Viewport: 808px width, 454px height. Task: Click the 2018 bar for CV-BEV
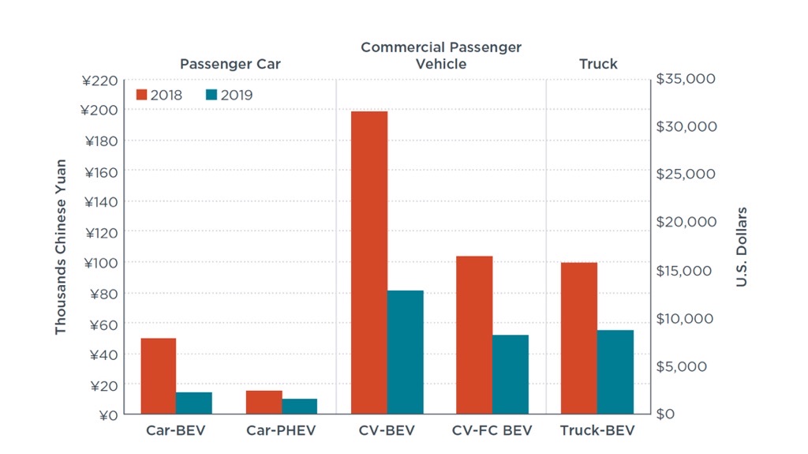pos(369,263)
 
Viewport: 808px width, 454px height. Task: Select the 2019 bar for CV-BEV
pos(405,352)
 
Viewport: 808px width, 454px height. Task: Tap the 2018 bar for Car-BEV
pos(159,376)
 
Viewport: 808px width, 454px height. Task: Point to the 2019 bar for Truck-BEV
pos(615,372)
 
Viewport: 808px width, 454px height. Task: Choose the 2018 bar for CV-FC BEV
pos(474,335)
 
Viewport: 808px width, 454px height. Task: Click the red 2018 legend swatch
pos(142,95)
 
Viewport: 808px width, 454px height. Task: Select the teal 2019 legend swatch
pos(211,95)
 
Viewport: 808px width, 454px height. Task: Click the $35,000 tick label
pos(686,79)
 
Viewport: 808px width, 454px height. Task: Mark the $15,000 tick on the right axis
pos(686,270)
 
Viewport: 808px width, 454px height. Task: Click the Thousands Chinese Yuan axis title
pos(61,247)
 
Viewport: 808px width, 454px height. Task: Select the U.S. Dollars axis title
pos(742,247)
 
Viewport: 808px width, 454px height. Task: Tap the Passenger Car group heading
pos(230,64)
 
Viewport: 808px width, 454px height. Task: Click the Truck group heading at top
pos(598,64)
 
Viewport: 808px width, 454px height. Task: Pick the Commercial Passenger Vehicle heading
pos(441,55)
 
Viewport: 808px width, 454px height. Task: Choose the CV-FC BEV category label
pos(492,431)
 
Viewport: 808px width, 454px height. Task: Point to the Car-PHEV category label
pos(281,431)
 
